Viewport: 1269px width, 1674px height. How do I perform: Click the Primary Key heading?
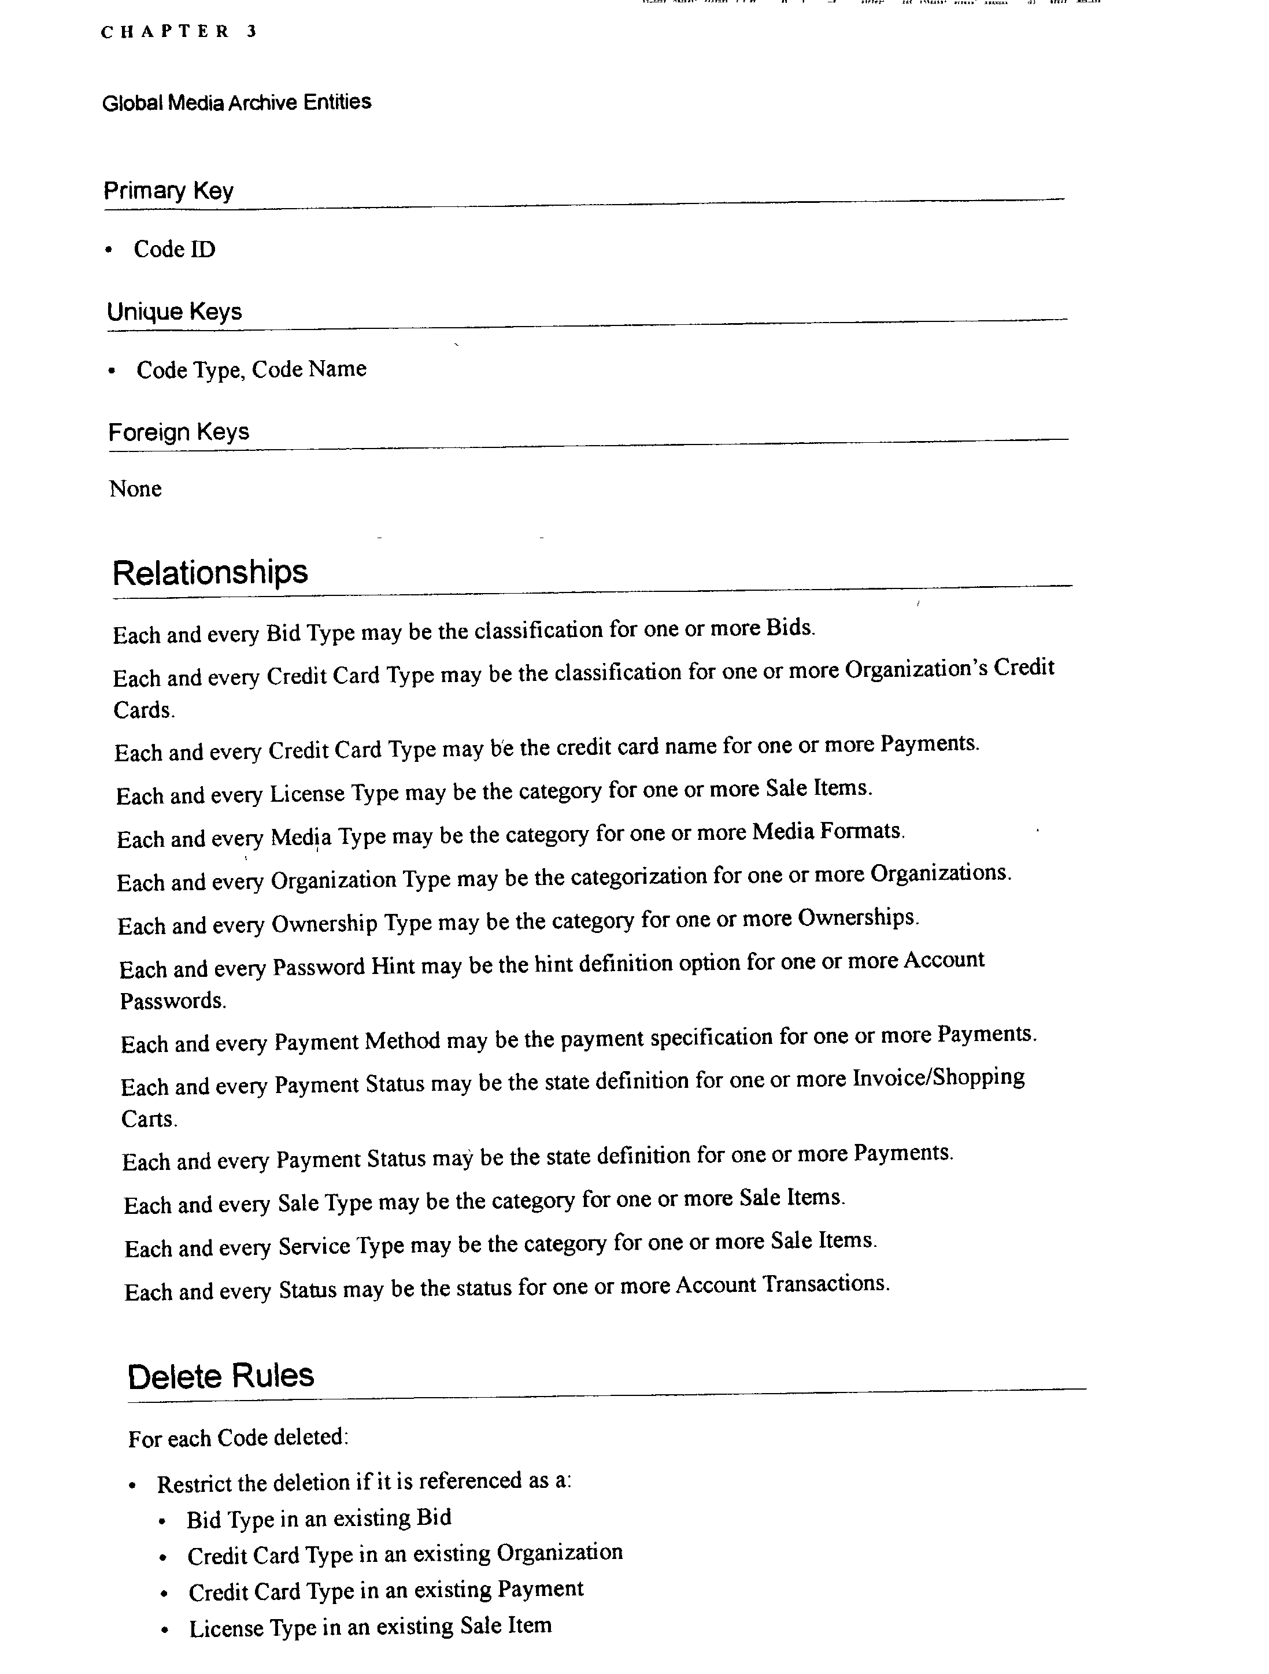click(x=168, y=190)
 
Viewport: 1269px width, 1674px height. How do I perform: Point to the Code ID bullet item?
click(x=174, y=249)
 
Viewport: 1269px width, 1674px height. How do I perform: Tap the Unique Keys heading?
click(x=174, y=311)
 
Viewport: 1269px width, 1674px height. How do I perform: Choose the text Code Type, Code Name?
click(x=251, y=369)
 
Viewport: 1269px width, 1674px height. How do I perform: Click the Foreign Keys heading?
click(x=179, y=432)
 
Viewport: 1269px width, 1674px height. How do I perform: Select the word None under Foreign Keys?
click(x=135, y=489)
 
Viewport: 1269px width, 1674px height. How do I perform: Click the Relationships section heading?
click(x=210, y=572)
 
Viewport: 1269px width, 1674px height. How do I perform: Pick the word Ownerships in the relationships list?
click(x=857, y=917)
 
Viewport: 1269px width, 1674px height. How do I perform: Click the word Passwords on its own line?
click(x=172, y=1001)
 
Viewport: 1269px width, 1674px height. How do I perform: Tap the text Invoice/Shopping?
click(x=938, y=1077)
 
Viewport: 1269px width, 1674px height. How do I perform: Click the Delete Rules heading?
click(x=220, y=1376)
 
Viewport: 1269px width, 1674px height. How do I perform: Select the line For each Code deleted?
click(x=238, y=1438)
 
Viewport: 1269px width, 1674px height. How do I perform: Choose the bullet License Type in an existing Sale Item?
click(x=370, y=1627)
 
